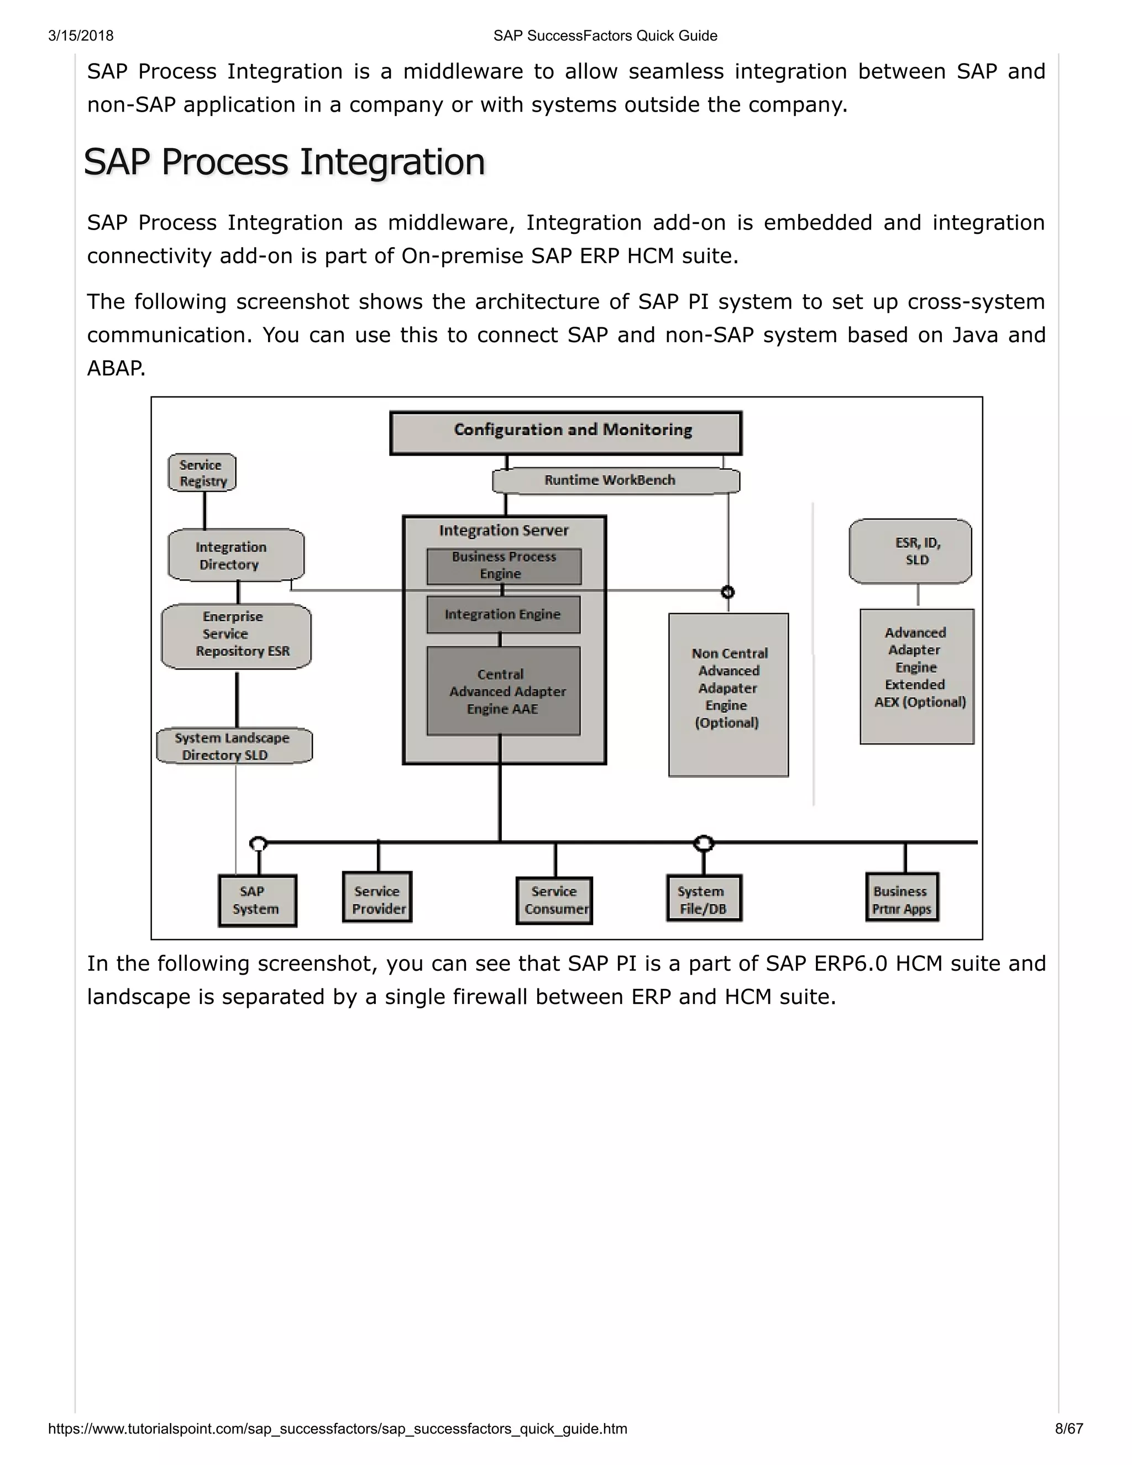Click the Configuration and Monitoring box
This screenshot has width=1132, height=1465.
pos(565,433)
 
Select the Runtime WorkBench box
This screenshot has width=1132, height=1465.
pos(616,480)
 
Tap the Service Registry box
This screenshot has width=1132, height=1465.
pos(202,473)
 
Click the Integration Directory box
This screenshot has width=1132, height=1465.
pos(235,556)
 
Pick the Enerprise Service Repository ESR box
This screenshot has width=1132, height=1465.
pos(236,635)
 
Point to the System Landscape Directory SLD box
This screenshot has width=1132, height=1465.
pos(234,746)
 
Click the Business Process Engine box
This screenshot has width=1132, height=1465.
pos(504,566)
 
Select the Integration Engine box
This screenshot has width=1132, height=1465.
pos(503,614)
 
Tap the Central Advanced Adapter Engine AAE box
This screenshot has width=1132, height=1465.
pos(503,691)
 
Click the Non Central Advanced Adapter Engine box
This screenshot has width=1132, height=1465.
pos(729,694)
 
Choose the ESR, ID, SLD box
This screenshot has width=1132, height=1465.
pos(910,551)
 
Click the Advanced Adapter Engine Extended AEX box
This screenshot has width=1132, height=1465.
pos(917,676)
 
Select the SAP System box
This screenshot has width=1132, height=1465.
pos(257,900)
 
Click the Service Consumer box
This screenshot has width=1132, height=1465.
pos(554,900)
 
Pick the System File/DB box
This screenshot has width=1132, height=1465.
pos(704,899)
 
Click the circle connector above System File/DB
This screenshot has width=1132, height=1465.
pos(703,843)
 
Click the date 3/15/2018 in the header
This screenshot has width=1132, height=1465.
pos(81,35)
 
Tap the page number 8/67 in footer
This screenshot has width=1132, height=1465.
pos(1068,1428)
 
